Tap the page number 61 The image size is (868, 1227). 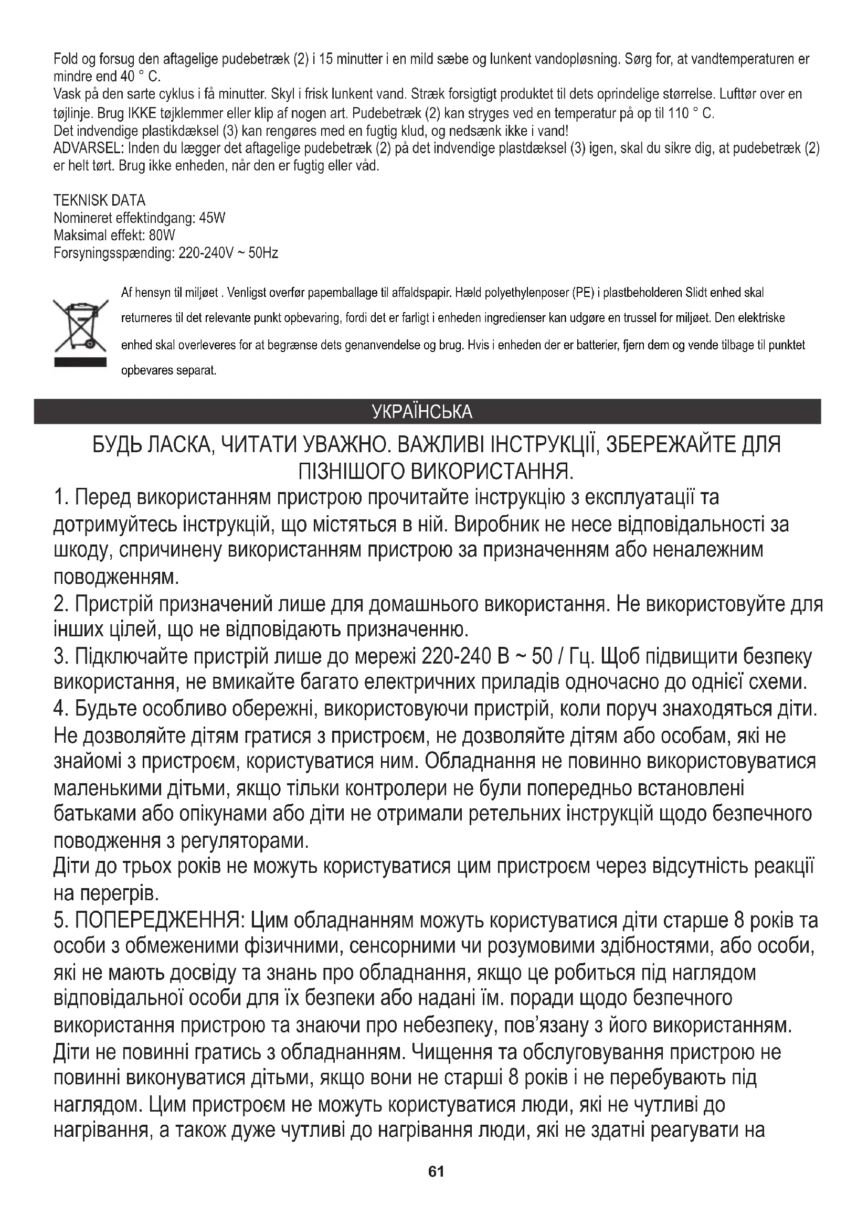436,1171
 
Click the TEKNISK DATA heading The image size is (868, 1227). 99,200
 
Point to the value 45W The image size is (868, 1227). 211,218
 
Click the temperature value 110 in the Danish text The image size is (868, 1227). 679,113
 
